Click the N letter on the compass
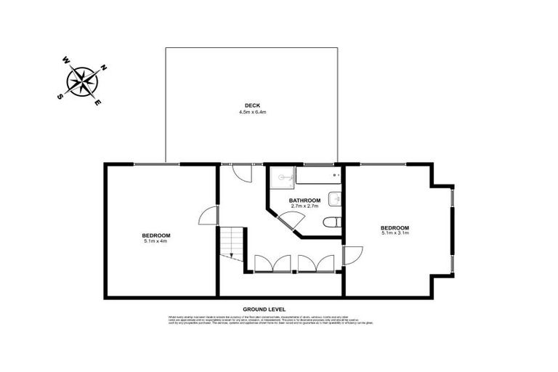tap(103, 68)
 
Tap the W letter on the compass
tap(65, 60)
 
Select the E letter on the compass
tap(98, 103)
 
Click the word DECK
tap(253, 105)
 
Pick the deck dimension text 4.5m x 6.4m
tap(253, 113)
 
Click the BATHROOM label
tap(304, 201)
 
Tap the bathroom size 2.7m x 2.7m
tap(304, 207)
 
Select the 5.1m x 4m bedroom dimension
tap(156, 241)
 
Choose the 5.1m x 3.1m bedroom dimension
tap(395, 233)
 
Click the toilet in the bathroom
tap(331, 222)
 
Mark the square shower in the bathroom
tap(282, 177)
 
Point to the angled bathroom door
tap(292, 221)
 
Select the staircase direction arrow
tap(231, 255)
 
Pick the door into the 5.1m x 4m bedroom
tap(209, 216)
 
